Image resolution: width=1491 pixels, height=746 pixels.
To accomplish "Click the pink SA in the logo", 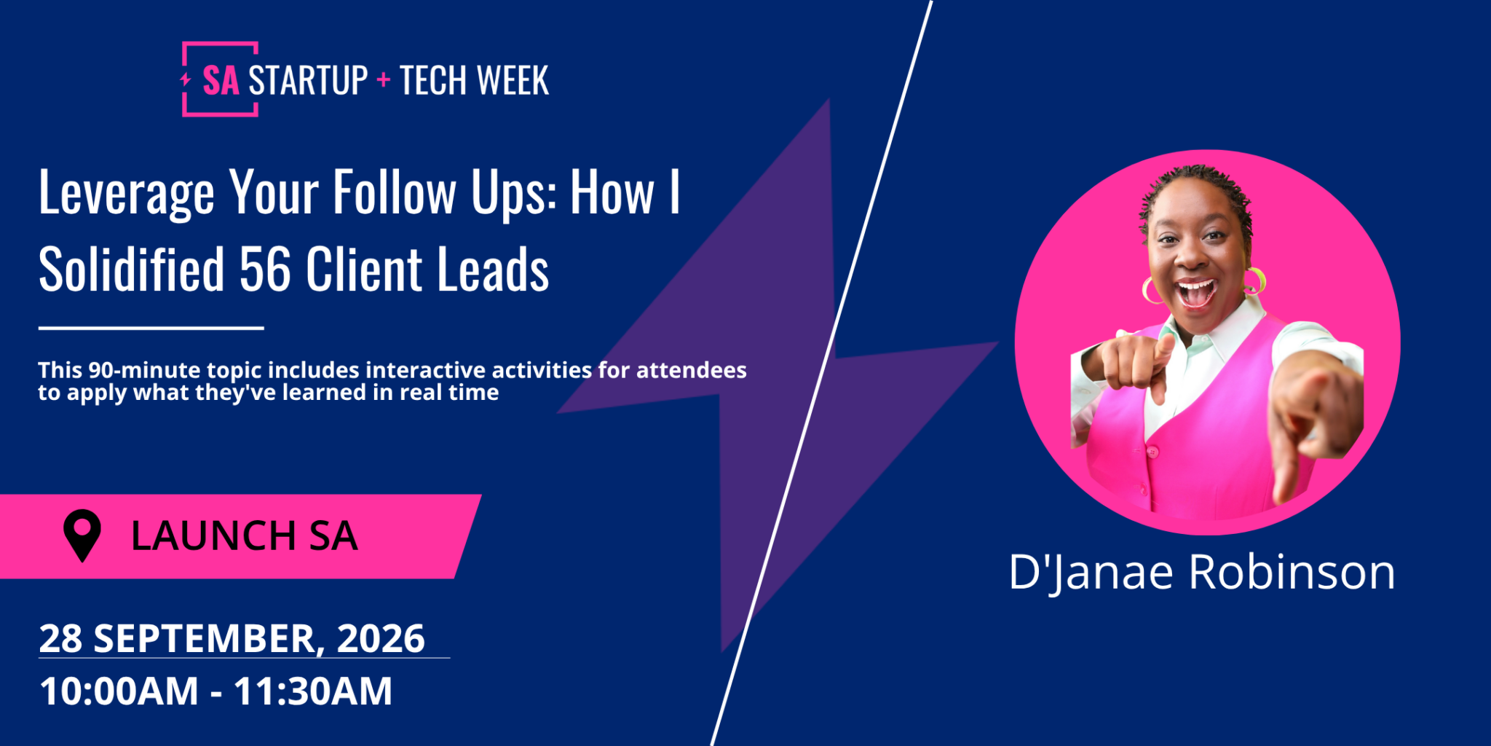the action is pyautogui.click(x=221, y=80).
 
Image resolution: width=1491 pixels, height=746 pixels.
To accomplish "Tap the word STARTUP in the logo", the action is pyautogui.click(x=308, y=80).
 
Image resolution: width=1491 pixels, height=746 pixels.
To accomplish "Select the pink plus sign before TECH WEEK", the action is pyautogui.click(x=384, y=79).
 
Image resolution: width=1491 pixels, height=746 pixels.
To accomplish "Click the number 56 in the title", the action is pyautogui.click(x=265, y=269).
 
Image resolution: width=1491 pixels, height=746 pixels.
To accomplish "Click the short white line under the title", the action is pyautogui.click(x=151, y=328).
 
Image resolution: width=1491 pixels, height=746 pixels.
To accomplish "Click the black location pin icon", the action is pyautogui.click(x=82, y=535).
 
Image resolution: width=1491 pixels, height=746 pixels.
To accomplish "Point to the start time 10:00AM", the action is pyautogui.click(x=119, y=691).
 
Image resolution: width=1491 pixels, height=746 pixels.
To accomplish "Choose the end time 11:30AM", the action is pyautogui.click(x=313, y=691).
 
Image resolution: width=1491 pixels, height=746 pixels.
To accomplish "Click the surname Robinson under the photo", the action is pyautogui.click(x=1292, y=572).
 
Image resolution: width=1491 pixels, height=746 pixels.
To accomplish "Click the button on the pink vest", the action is pyautogui.click(x=1152, y=452).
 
